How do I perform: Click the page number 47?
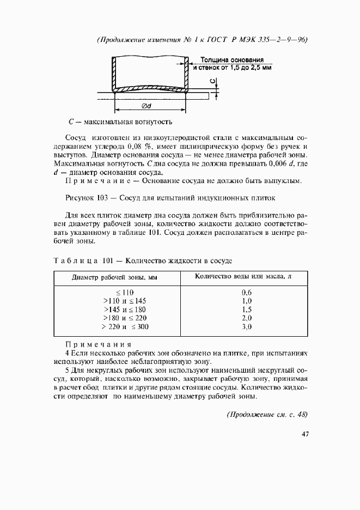[x=304, y=434]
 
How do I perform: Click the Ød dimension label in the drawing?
[x=145, y=106]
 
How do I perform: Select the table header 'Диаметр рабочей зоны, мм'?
[x=114, y=277]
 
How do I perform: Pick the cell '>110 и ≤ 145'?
[x=125, y=301]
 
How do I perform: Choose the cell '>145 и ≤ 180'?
[x=125, y=309]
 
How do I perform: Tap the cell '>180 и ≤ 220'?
[x=125, y=318]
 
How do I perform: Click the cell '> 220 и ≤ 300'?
[x=125, y=327]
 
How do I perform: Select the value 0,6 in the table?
[x=246, y=292]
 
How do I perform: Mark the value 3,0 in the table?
[x=246, y=327]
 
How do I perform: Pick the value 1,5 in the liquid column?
[x=246, y=309]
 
